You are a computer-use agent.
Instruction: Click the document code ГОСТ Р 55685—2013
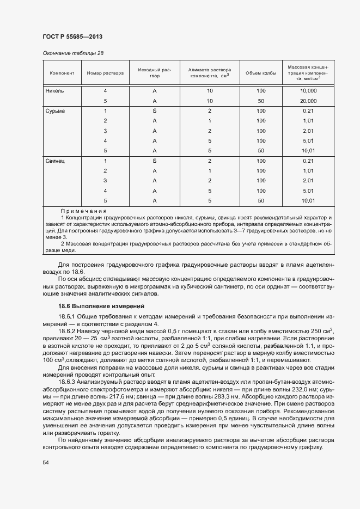point(72,36)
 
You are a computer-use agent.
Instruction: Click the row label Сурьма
point(56,111)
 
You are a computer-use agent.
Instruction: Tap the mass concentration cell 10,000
point(308,91)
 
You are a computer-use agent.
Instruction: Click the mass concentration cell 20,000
point(308,101)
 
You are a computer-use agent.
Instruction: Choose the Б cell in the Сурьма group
point(155,111)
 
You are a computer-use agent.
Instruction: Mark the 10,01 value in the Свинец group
point(308,201)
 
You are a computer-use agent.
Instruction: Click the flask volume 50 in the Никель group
point(261,101)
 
